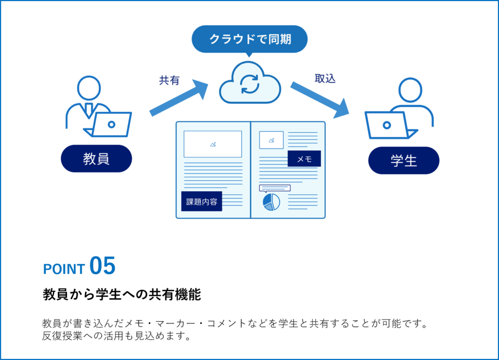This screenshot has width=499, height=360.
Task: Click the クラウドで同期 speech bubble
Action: [249, 39]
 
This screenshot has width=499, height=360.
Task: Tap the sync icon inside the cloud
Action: [250, 84]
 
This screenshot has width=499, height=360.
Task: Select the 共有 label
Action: [169, 80]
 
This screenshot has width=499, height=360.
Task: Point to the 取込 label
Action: [325, 78]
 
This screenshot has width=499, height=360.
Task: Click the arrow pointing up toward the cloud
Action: [180, 98]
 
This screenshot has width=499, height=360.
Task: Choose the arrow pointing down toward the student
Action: [320, 99]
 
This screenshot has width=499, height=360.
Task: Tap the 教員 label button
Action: [96, 159]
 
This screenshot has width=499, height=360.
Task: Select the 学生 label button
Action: [404, 160]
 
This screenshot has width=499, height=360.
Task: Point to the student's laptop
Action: [389, 125]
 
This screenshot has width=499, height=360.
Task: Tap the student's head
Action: [410, 90]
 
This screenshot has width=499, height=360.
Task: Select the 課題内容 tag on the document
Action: [202, 202]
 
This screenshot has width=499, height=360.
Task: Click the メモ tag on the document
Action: [304, 159]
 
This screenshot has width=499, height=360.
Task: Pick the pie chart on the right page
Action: [271, 202]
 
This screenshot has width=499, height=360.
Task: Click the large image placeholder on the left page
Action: [213, 144]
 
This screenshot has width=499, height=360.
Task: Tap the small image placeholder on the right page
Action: [271, 140]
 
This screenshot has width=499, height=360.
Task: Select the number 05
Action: [102, 266]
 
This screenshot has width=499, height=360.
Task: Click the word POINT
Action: [64, 269]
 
